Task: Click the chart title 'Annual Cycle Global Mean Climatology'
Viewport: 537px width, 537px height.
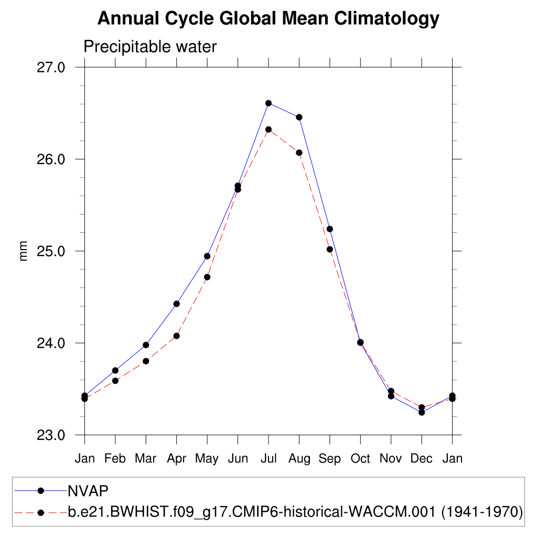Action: [x=268, y=19]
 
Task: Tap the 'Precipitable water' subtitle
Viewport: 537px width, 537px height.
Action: [x=150, y=47]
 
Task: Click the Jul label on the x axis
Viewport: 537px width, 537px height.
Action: [x=268, y=459]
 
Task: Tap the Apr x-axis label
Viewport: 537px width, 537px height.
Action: [x=177, y=459]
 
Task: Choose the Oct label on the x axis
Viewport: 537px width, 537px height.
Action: [x=360, y=459]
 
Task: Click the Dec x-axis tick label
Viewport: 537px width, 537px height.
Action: [x=422, y=459]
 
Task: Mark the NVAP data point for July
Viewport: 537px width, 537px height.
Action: [x=268, y=103]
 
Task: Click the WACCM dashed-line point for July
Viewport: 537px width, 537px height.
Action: [x=268, y=130]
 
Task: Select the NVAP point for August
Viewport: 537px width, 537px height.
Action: [x=299, y=117]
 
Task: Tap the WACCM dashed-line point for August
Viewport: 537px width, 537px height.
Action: [x=299, y=153]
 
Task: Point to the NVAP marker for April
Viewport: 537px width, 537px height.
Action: [x=177, y=304]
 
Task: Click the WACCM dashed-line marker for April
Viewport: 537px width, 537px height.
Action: [x=177, y=336]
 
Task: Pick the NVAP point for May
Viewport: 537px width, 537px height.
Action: [x=207, y=256]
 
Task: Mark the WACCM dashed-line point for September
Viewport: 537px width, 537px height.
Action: [x=330, y=249]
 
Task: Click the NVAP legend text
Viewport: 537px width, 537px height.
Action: [x=88, y=491]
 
